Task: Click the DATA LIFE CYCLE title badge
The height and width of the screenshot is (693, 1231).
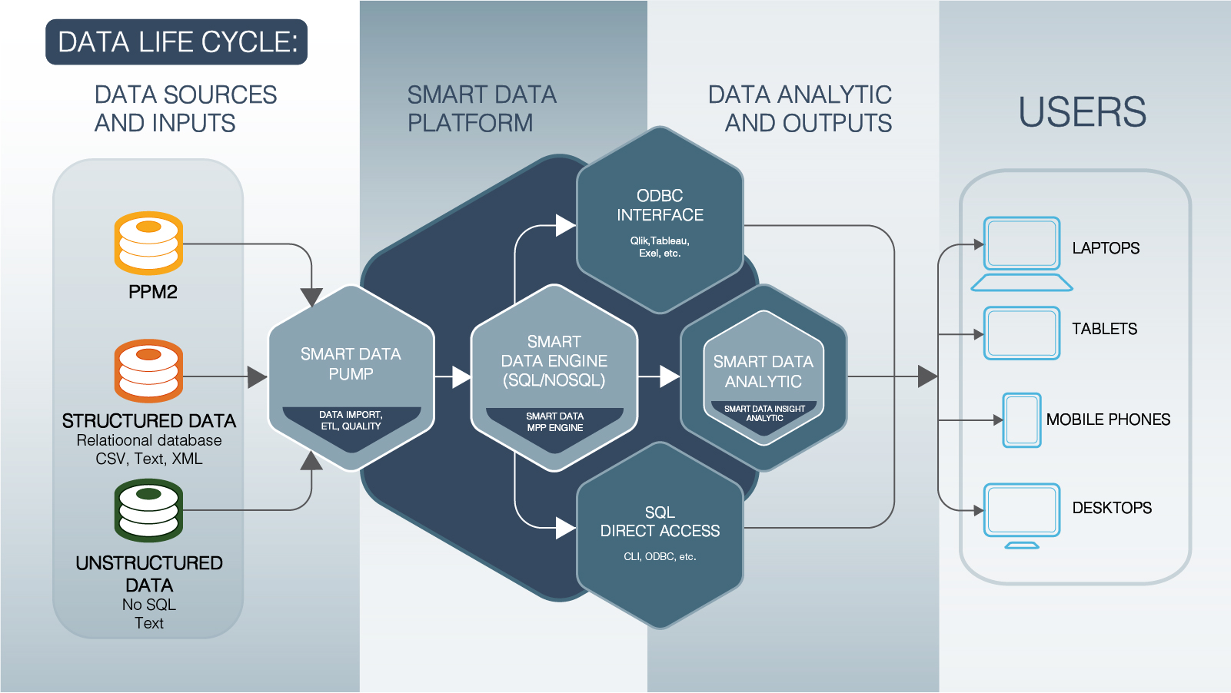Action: click(177, 42)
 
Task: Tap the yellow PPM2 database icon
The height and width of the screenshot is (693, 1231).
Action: click(148, 243)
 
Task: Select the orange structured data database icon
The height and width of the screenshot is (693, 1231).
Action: click(148, 370)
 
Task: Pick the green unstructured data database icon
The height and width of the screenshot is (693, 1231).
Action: click(148, 510)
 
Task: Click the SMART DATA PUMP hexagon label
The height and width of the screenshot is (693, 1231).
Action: click(351, 364)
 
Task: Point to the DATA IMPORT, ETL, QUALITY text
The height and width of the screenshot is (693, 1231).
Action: click(351, 420)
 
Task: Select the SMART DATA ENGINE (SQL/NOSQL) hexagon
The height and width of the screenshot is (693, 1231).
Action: click(554, 361)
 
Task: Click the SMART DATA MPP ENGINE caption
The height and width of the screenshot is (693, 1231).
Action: click(554, 422)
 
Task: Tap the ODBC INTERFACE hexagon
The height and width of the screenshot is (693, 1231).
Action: click(660, 206)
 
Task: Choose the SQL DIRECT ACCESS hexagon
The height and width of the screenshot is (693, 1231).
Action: click(660, 522)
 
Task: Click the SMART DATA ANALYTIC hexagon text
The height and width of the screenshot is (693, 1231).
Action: click(763, 372)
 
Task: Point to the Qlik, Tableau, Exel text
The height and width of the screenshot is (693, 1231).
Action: click(660, 247)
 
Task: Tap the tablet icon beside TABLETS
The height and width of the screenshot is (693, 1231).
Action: click(1022, 333)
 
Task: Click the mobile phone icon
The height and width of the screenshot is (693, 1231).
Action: click(1022, 420)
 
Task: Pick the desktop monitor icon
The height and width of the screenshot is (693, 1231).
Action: click(1022, 514)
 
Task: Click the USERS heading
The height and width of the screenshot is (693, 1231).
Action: click(1082, 112)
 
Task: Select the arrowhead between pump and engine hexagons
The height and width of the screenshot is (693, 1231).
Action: click(461, 377)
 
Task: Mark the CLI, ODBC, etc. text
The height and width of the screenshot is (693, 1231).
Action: click(660, 556)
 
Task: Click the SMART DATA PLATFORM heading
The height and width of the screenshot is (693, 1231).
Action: click(481, 108)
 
